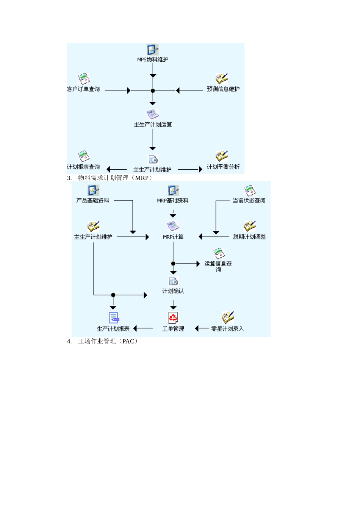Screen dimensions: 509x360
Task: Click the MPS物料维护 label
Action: [x=153, y=59]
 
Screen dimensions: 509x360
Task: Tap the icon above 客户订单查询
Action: [x=84, y=79]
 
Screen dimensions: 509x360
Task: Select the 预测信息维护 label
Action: [x=223, y=89]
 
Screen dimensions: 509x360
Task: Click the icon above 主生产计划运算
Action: [x=153, y=114]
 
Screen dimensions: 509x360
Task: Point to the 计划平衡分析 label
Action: [x=223, y=167]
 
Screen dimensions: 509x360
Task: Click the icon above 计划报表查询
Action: [x=84, y=156]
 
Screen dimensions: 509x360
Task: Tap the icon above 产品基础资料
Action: [x=93, y=190]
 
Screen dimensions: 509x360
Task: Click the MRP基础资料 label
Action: [x=173, y=201]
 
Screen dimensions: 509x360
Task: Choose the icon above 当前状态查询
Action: [x=249, y=190]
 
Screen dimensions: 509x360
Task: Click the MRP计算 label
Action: [x=173, y=237]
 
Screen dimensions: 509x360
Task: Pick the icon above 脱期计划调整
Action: [x=249, y=226]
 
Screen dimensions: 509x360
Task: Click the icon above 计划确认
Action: [x=173, y=281]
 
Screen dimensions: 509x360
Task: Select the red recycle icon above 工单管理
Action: [x=173, y=318]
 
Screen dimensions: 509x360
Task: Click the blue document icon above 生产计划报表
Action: [x=114, y=318]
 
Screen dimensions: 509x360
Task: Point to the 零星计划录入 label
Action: [x=227, y=329]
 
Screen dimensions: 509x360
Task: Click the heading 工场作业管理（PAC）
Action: [x=108, y=341]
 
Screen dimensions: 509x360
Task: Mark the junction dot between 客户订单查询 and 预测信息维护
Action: [x=153, y=91]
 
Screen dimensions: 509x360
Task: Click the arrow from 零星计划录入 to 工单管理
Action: [x=202, y=328]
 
